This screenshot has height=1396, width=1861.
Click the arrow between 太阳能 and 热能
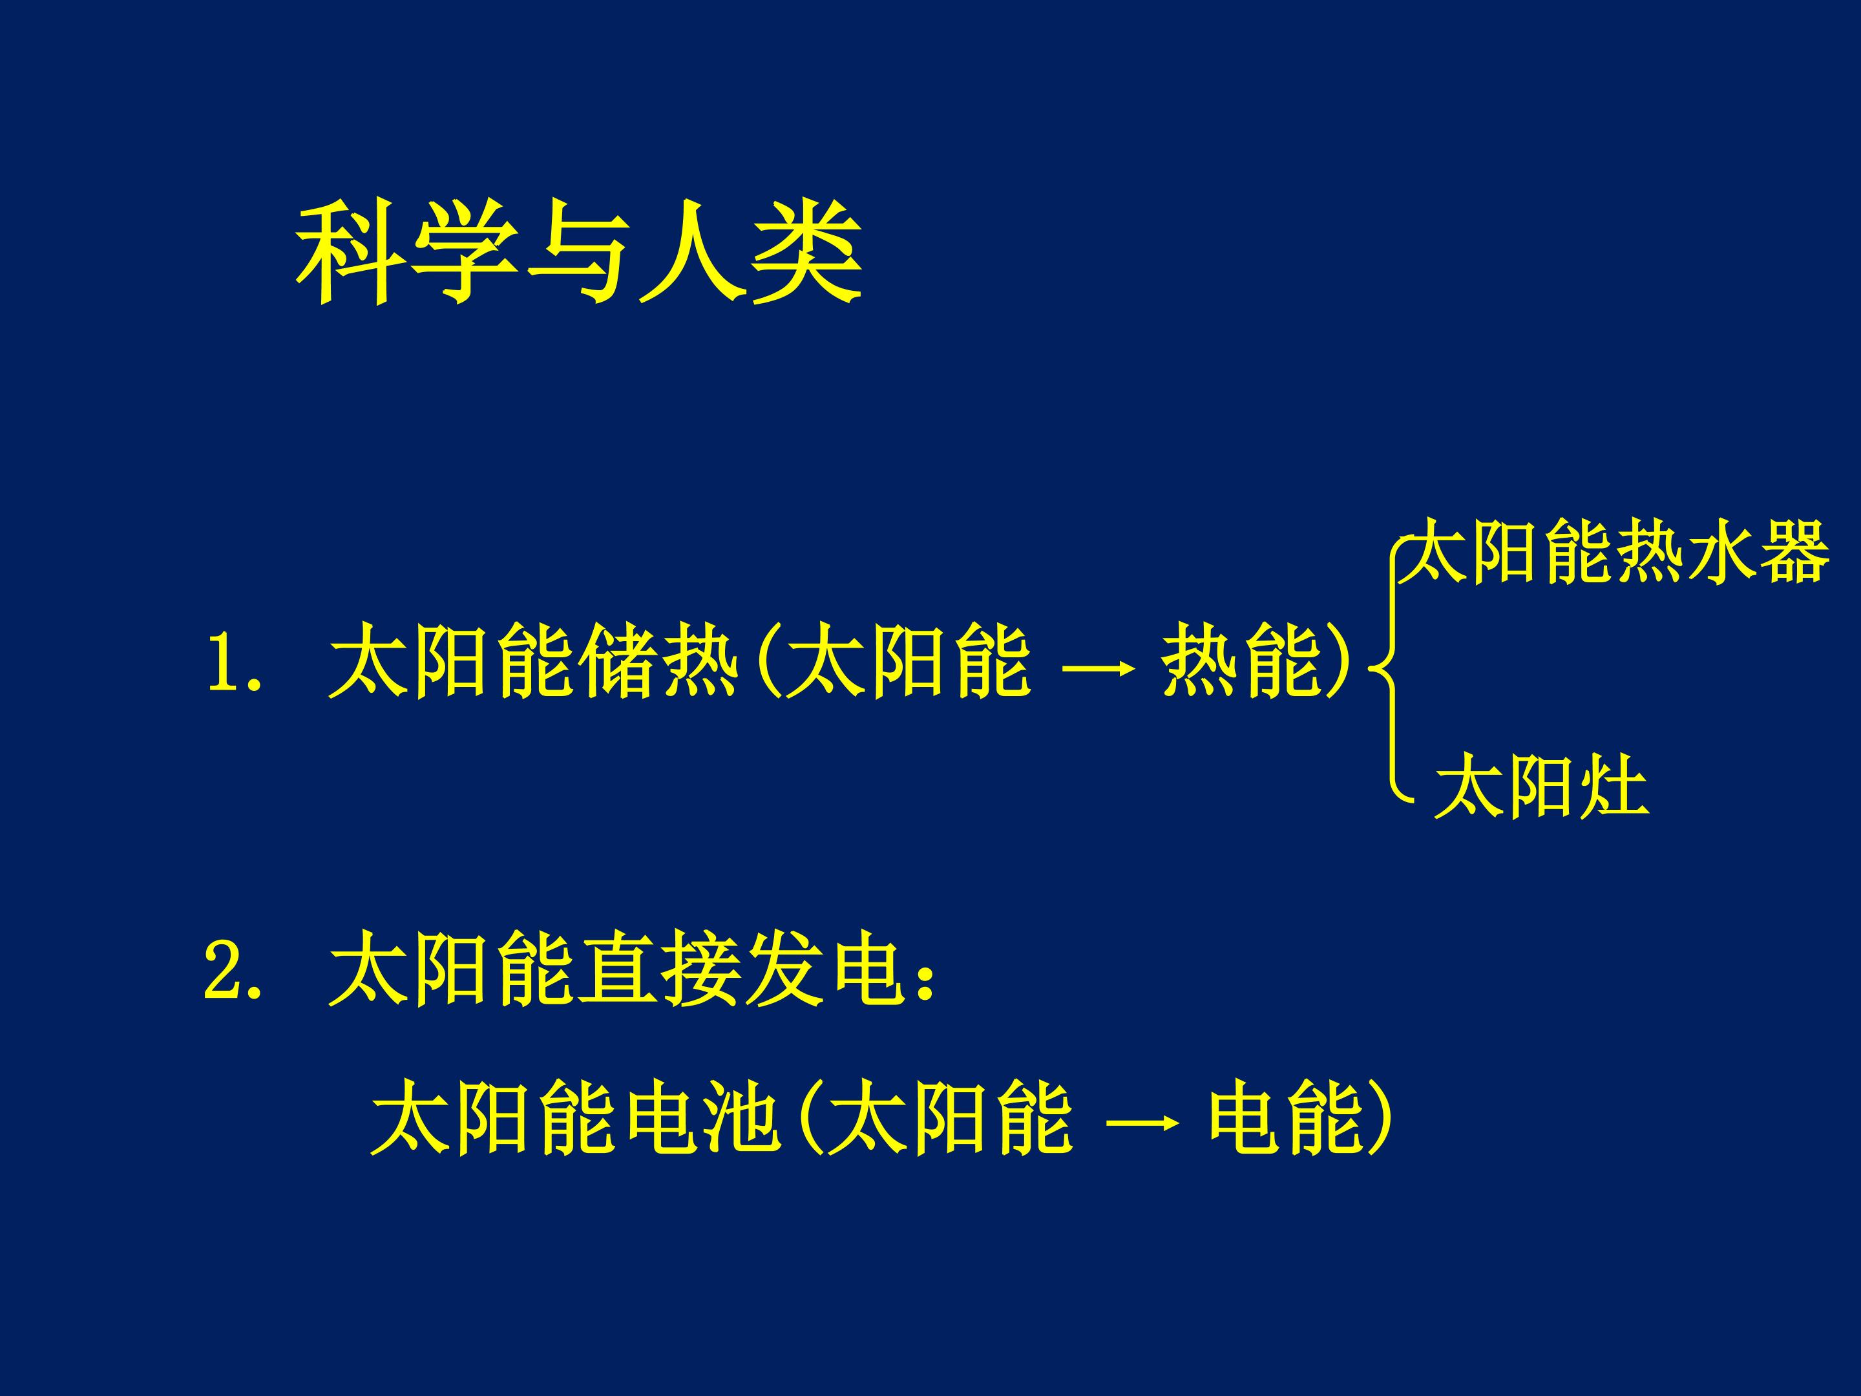1096,670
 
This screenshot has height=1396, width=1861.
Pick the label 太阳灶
1541,787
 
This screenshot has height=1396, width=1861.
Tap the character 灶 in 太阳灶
1614,787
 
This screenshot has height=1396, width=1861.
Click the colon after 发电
925,980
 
